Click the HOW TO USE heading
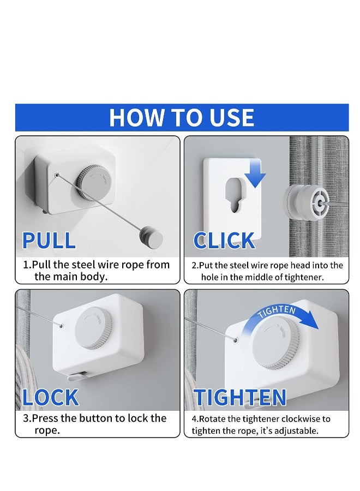click(x=182, y=118)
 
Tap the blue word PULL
click(x=49, y=241)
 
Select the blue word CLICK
click(x=224, y=241)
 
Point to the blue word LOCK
click(x=50, y=397)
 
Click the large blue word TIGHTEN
click(x=240, y=397)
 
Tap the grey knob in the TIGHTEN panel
click(x=275, y=343)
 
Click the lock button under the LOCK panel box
click(x=77, y=375)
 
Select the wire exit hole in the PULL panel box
click(x=57, y=175)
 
